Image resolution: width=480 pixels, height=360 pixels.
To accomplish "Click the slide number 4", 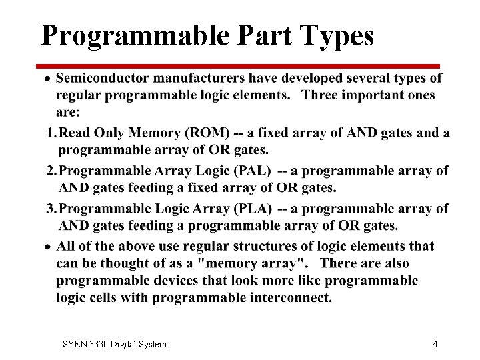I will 435,344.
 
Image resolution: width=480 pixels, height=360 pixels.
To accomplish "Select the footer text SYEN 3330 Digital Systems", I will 116,344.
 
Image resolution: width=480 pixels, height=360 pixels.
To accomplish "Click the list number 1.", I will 51,133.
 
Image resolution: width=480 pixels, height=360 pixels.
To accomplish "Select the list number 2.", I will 51,171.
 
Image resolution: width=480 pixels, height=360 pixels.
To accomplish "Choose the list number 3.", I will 51,209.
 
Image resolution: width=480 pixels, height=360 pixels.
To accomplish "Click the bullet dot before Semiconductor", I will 47,79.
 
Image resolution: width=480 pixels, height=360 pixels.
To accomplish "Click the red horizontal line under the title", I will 240,66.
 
